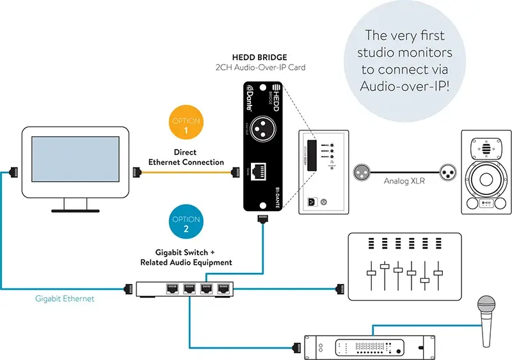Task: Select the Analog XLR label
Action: tap(401, 180)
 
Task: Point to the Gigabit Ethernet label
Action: tap(65, 299)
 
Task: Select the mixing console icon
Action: tap(403, 267)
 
